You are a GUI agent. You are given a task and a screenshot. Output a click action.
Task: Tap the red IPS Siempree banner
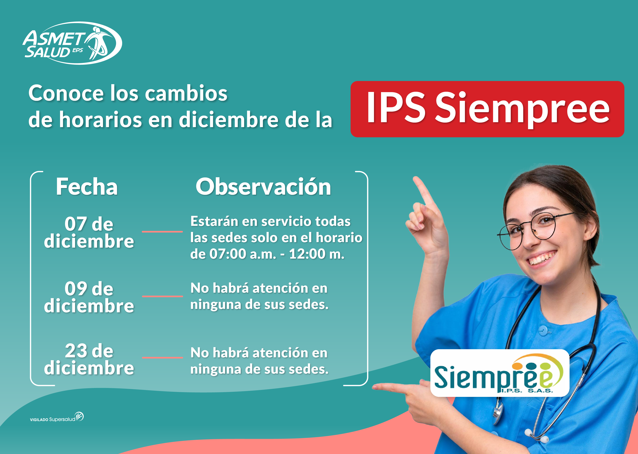tap(487, 109)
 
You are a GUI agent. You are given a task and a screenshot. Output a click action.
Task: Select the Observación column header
tap(263, 187)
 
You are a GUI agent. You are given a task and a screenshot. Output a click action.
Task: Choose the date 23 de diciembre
tap(89, 359)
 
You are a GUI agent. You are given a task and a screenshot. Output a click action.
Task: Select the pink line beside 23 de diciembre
tap(162, 358)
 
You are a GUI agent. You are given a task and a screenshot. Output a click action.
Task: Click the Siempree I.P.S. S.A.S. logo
tap(500, 373)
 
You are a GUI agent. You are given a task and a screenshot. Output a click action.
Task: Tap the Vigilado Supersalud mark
tap(57, 417)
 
